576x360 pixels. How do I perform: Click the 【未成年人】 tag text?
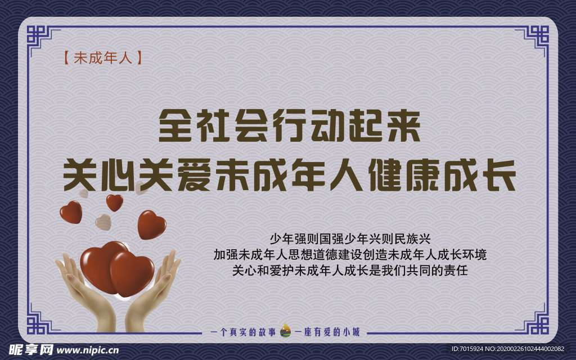coord(99,58)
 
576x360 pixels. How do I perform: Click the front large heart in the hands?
coord(132,272)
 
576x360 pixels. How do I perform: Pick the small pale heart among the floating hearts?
coord(103,222)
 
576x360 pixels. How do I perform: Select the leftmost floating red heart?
coord(71,211)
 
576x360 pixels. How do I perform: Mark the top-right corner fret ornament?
coord(535,39)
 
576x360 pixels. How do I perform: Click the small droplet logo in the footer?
coord(286,331)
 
